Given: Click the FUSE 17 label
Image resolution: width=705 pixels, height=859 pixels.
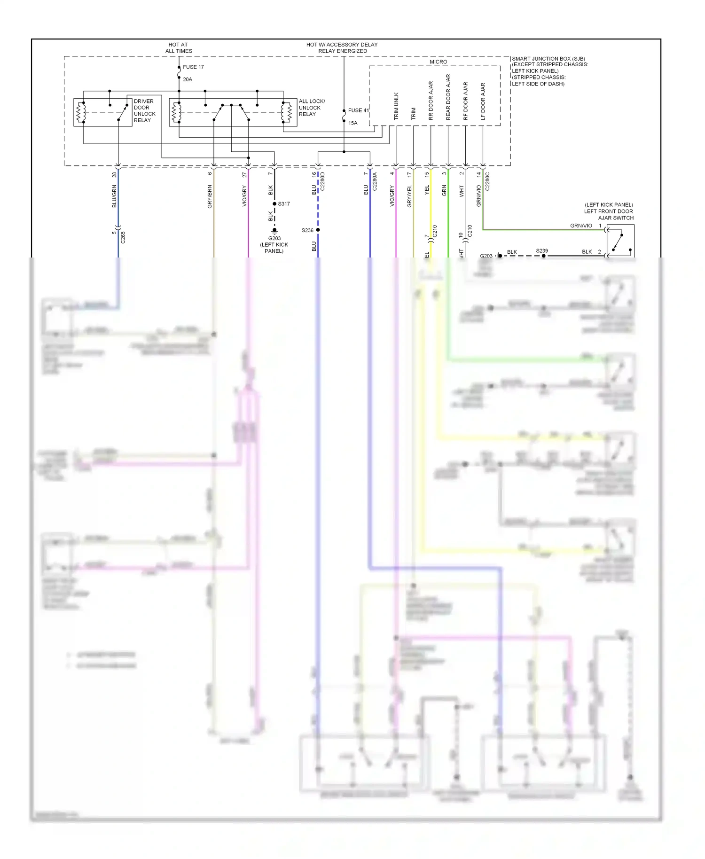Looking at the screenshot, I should [193, 67].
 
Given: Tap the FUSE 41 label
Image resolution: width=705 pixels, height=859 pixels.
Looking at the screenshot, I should [358, 110].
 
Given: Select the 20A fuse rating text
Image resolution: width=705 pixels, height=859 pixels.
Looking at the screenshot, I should [188, 79].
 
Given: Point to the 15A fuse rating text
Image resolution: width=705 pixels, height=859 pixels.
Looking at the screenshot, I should [352, 123].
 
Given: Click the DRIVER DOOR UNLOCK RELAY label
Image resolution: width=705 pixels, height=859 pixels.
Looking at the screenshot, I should [144, 111].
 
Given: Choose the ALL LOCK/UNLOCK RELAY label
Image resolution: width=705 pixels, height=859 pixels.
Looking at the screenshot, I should [312, 108].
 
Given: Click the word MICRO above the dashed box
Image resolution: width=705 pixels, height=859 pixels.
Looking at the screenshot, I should [438, 62].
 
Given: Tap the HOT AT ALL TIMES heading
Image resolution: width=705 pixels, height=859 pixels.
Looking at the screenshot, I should [178, 48].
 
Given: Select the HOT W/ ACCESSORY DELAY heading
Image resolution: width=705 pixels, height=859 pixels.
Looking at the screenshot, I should [342, 48].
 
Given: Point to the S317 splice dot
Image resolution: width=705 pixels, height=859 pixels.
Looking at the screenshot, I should [274, 204].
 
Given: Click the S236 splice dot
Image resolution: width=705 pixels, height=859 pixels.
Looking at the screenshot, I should [318, 230].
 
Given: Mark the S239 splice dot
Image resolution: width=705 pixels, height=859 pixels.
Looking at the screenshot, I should [543, 256].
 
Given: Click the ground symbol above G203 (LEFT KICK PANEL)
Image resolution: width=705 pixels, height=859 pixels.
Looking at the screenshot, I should [274, 231].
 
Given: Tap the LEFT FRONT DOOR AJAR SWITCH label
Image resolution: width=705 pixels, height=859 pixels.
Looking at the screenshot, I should [609, 211].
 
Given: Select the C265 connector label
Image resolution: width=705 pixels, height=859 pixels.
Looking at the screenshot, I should [123, 237].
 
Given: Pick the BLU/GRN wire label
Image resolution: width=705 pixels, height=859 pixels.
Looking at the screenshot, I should [114, 196].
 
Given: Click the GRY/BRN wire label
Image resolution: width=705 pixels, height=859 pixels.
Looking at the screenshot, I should [210, 196].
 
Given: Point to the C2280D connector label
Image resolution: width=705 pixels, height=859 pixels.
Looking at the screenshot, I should [322, 182].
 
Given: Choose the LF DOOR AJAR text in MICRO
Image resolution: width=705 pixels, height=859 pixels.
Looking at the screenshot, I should [483, 102].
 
